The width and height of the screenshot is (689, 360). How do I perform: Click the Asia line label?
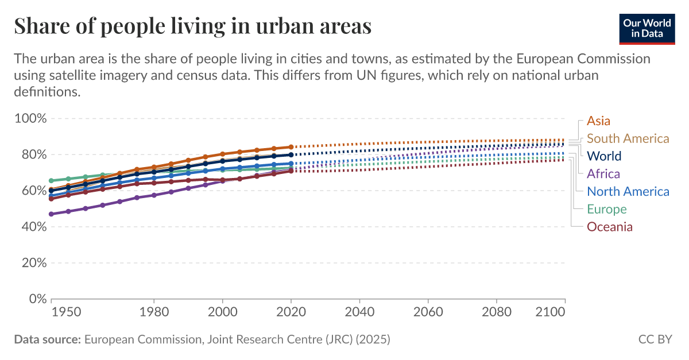click(598, 121)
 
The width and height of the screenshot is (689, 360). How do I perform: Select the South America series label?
click(628, 138)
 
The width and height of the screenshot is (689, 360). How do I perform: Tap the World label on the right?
click(604, 156)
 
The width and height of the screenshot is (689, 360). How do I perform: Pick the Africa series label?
click(603, 174)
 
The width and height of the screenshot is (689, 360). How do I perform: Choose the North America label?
click(628, 192)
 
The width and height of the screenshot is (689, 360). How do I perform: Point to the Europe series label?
click(606, 210)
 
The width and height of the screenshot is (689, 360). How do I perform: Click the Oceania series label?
click(609, 227)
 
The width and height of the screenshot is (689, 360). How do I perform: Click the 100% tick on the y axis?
click(29, 119)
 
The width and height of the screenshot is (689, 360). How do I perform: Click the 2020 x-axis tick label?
click(291, 312)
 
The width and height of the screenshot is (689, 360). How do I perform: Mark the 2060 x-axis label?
click(428, 312)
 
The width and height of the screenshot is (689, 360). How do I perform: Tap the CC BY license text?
click(655, 339)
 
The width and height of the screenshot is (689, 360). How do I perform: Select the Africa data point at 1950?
click(52, 214)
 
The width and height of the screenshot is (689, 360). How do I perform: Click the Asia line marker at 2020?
click(291, 147)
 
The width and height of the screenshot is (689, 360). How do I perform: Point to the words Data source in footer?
click(47, 339)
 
